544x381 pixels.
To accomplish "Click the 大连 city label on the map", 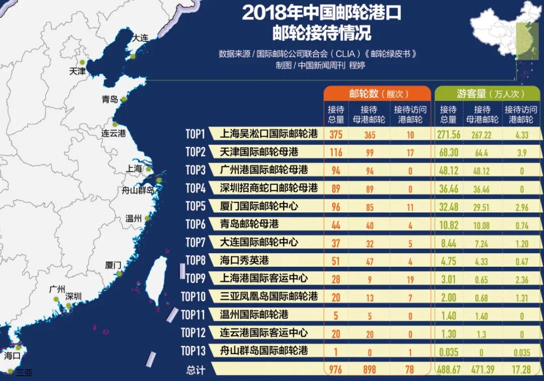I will pyautogui.click(x=140, y=38).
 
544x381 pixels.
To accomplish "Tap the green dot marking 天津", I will pyautogui.click(x=82, y=63).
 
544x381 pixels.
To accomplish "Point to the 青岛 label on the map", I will pyautogui.click(x=109, y=99).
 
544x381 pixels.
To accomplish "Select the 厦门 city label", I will pyautogui.click(x=113, y=265).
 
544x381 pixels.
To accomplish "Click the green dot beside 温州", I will pyautogui.click(x=147, y=218).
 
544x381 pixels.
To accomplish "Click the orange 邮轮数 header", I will pyautogui.click(x=377, y=93).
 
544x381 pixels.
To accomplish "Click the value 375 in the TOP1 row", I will pyautogui.click(x=336, y=134).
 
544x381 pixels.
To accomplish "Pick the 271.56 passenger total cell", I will pyautogui.click(x=449, y=134).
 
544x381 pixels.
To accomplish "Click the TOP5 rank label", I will pyautogui.click(x=196, y=206).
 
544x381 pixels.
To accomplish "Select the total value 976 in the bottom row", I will pyautogui.click(x=335, y=369).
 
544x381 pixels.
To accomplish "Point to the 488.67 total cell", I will pyautogui.click(x=450, y=369).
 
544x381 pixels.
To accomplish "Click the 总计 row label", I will pyautogui.click(x=195, y=370).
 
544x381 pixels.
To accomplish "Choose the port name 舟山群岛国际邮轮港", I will pyautogui.click(x=264, y=350).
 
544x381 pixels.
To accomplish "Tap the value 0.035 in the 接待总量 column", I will pyautogui.click(x=448, y=351).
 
